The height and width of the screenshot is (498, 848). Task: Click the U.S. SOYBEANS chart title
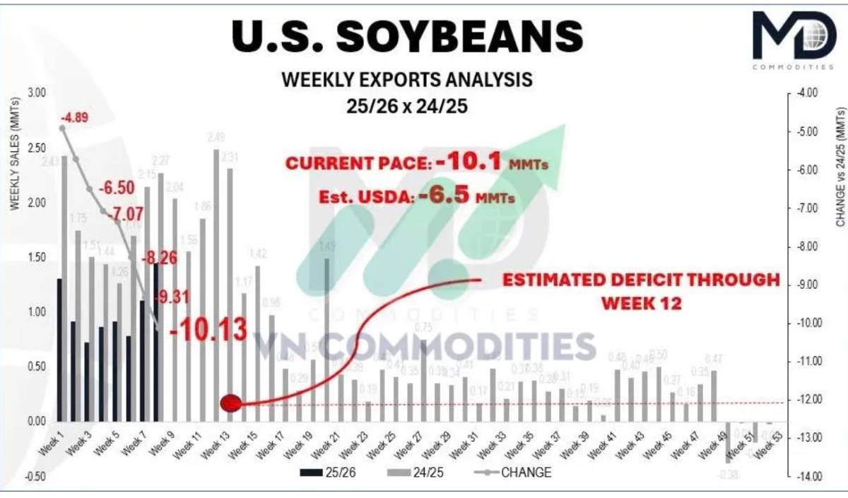[407, 35]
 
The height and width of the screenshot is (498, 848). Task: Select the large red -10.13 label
[209, 329]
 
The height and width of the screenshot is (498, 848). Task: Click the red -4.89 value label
[74, 117]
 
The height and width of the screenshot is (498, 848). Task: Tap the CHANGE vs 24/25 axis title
[840, 166]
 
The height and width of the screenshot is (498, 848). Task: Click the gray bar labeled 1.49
[326, 339]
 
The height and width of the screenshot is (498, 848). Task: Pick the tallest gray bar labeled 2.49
[216, 285]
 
